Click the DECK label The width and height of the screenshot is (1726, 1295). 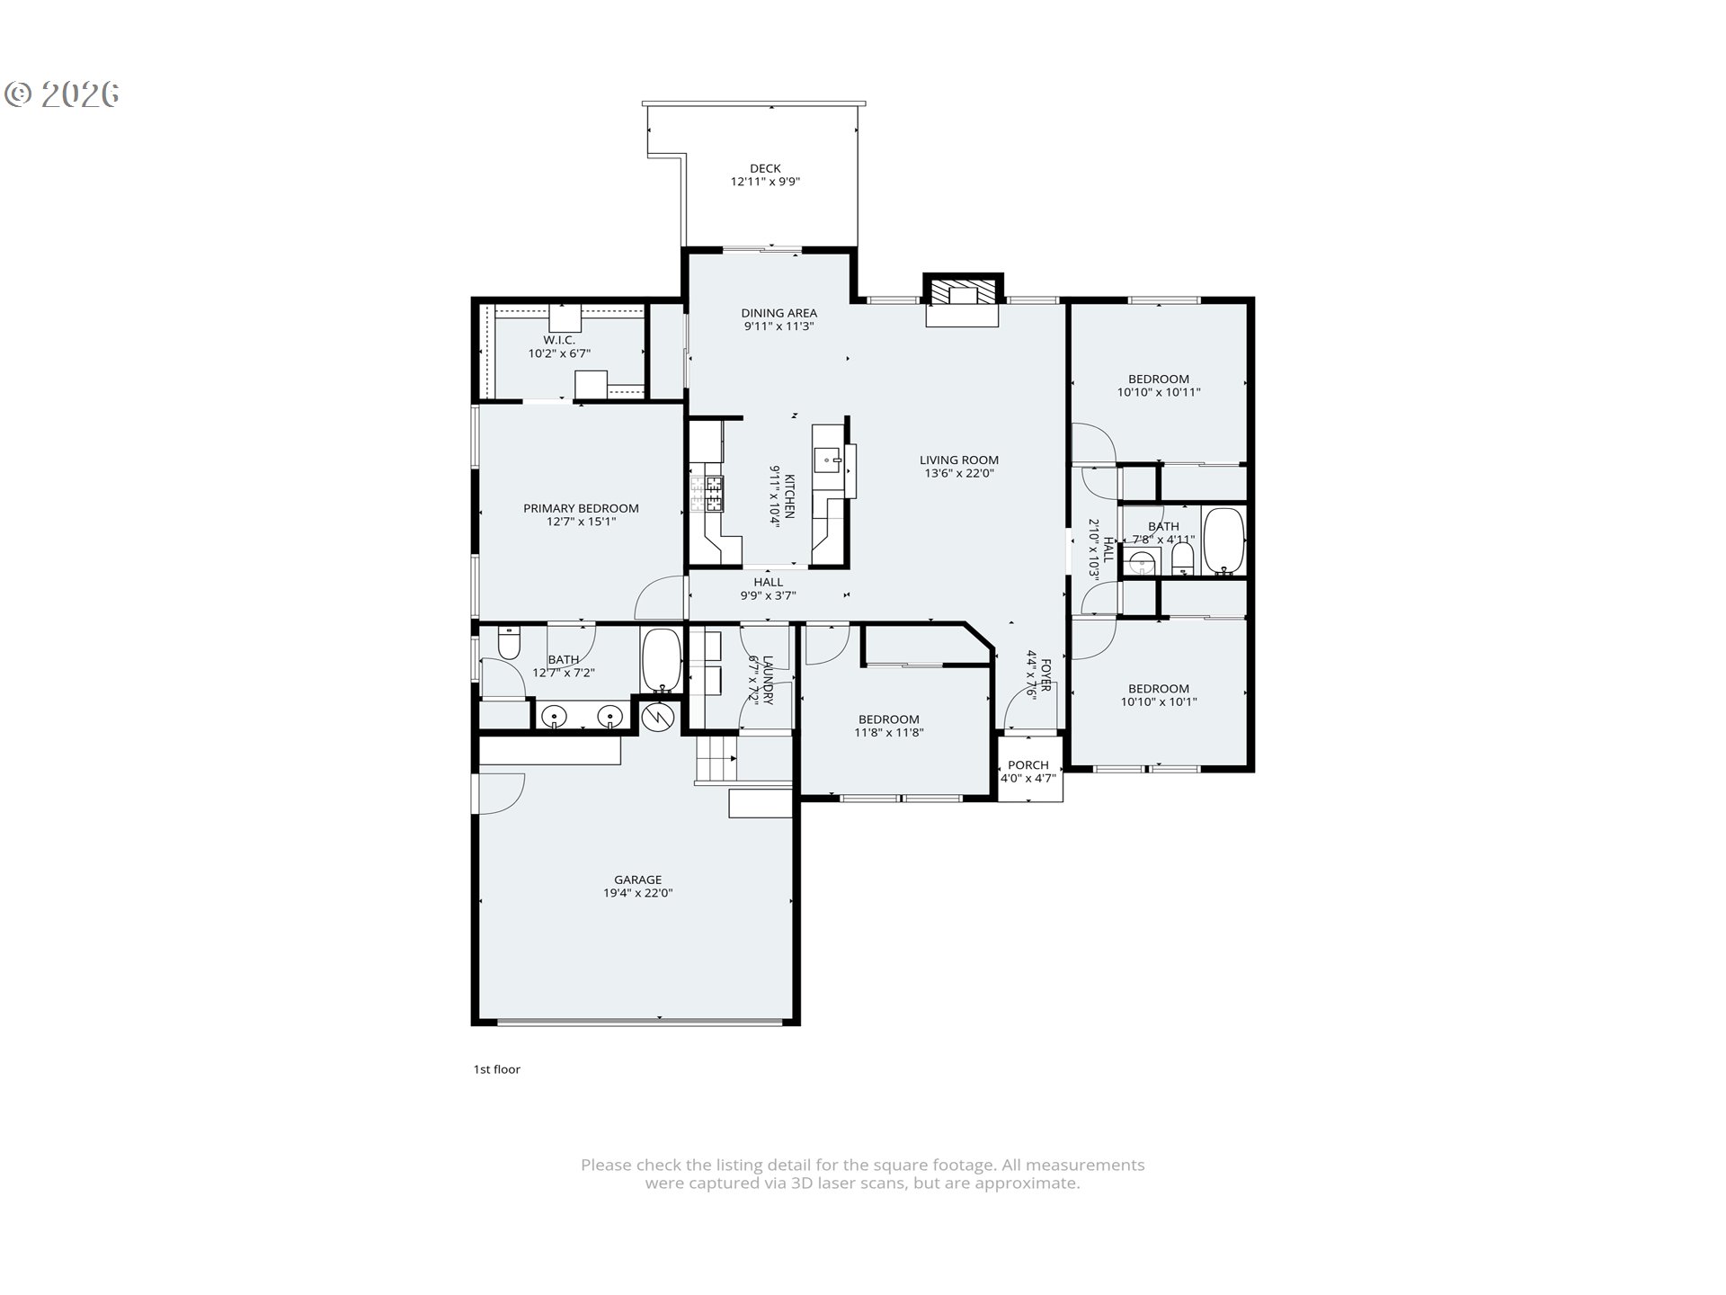click(x=765, y=168)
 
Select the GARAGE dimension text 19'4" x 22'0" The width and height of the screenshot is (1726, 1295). click(x=638, y=893)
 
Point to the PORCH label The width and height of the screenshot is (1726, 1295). click(x=1028, y=765)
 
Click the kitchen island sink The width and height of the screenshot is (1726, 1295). click(x=828, y=460)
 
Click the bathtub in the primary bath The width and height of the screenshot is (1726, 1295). click(x=662, y=660)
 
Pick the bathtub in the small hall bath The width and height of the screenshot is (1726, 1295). click(x=1223, y=540)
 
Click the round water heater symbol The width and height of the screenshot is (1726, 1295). click(x=659, y=717)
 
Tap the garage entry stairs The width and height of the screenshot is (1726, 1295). click(x=716, y=758)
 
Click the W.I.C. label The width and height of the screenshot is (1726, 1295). click(x=558, y=340)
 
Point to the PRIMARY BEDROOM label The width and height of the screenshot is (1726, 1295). click(x=581, y=508)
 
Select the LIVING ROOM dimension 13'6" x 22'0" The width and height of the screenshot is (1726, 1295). click(x=958, y=473)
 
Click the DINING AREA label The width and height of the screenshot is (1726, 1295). click(x=778, y=313)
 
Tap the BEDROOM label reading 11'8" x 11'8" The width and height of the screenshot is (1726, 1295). click(x=888, y=719)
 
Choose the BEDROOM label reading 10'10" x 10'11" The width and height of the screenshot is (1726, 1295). click(x=1158, y=380)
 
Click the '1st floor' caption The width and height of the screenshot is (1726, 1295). click(x=497, y=1069)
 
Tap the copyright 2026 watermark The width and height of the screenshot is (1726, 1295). click(x=62, y=94)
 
